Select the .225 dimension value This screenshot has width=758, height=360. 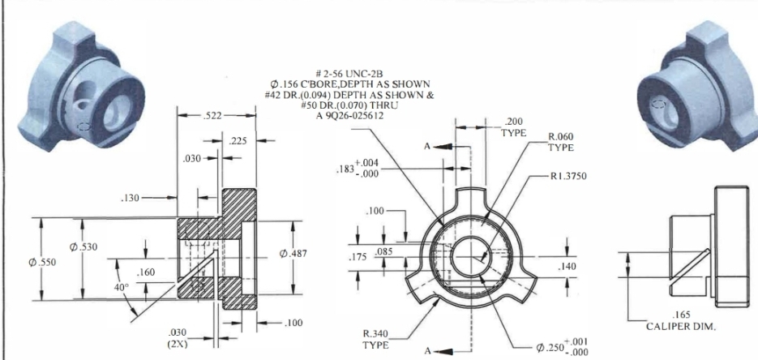click(x=238, y=140)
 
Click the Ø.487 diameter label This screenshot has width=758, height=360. click(x=294, y=254)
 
